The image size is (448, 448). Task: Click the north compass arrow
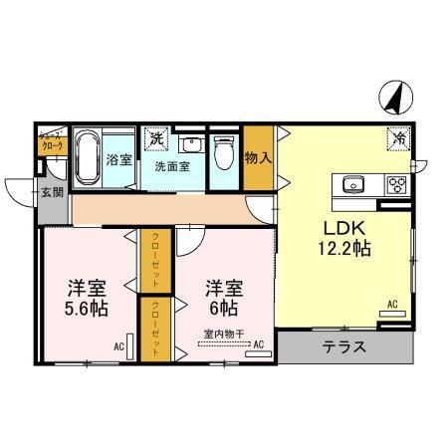pyautogui.click(x=392, y=99)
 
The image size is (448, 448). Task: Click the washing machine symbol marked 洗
pyautogui.click(x=156, y=139)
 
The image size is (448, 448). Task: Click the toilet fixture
pyautogui.click(x=223, y=151)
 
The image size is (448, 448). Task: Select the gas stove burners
pyautogui.click(x=394, y=184)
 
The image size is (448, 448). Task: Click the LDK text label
pyautogui.click(x=339, y=226)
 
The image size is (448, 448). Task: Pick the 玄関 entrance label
pyautogui.click(x=53, y=191)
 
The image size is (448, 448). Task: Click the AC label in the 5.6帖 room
pyautogui.click(x=117, y=345)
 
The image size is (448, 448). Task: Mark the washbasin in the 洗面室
pyautogui.click(x=193, y=145)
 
